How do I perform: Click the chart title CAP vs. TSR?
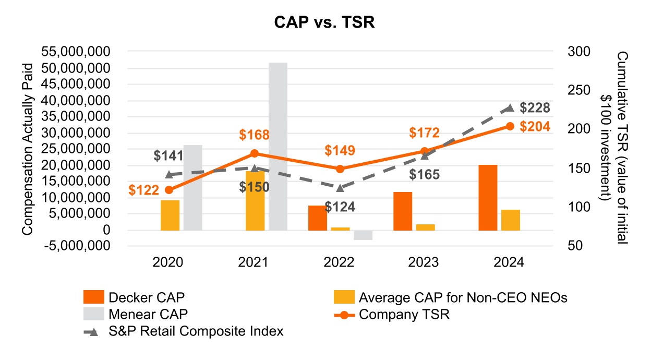[x=325, y=23]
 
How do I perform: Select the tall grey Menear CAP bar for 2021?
[x=278, y=146]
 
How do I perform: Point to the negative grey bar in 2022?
[x=363, y=235]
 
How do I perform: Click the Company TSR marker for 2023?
[x=425, y=151]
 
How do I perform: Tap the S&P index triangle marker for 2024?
[x=510, y=108]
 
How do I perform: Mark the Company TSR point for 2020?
[x=169, y=189]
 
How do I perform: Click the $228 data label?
[x=535, y=108]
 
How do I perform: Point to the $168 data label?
[x=254, y=135]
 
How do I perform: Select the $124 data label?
[x=340, y=207]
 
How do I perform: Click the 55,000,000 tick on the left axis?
[x=77, y=52]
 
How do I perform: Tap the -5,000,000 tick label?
[x=76, y=246]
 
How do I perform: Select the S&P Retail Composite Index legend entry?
[x=196, y=331]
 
